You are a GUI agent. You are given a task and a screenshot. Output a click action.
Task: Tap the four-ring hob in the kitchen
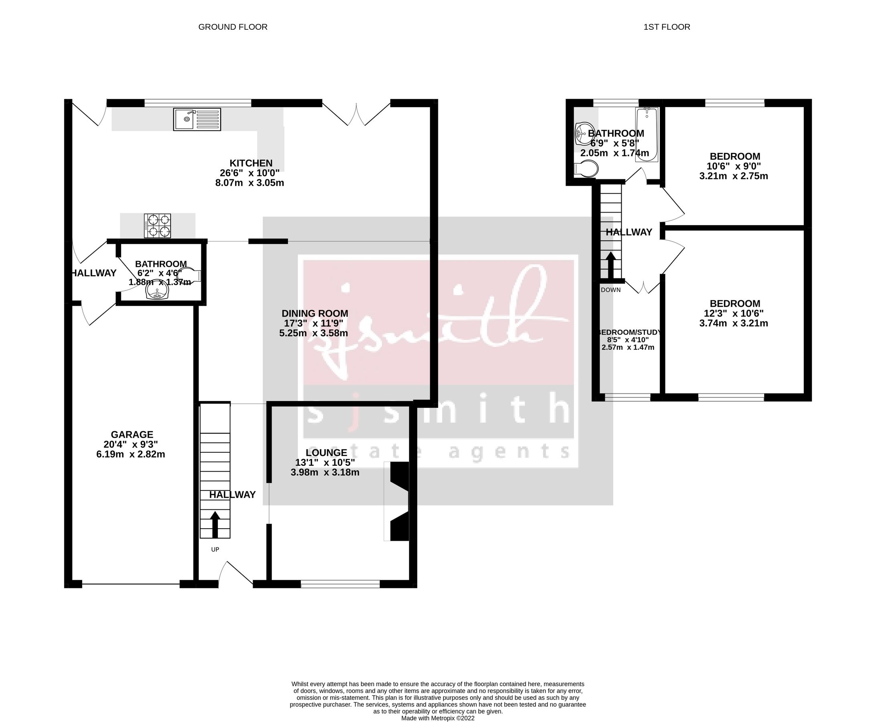157,226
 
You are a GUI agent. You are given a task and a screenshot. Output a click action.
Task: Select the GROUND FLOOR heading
233,27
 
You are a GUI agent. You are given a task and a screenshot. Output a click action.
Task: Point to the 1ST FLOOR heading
667,27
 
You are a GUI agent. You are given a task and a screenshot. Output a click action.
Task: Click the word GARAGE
132,435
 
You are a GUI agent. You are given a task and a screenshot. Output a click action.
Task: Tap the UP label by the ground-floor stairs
215,550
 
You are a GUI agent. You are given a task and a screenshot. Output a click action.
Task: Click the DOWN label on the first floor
610,290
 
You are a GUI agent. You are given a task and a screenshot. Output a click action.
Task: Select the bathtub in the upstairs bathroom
647,134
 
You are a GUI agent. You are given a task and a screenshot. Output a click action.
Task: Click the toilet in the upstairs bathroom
586,169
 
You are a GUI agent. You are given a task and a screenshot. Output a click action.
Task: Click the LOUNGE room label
326,452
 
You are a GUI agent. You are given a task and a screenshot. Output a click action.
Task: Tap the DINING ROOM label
315,314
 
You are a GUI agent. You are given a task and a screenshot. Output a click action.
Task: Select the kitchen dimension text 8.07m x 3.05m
249,183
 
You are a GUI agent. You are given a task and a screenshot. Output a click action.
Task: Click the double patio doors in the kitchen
357,114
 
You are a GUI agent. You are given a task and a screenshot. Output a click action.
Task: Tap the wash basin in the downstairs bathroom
157,293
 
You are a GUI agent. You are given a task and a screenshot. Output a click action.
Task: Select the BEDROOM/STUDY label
629,333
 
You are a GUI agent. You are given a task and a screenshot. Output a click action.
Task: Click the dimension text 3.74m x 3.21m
734,324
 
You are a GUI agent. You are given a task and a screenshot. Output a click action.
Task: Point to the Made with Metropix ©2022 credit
438,718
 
